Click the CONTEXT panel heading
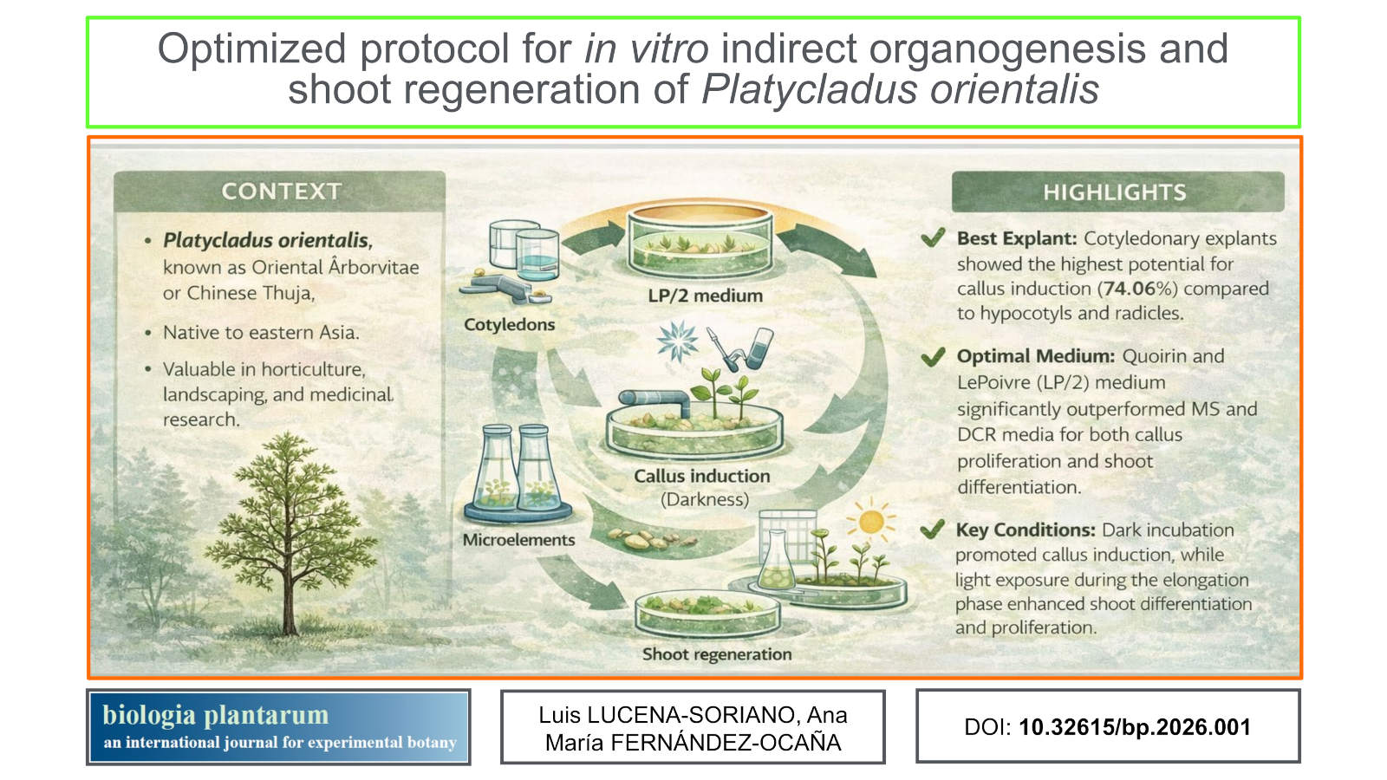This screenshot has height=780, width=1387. [x=281, y=192]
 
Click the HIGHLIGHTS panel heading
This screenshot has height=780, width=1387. [x=1115, y=192]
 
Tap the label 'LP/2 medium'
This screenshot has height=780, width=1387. [x=706, y=296]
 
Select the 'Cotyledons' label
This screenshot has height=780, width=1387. [x=509, y=324]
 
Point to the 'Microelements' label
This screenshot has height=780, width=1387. [x=519, y=540]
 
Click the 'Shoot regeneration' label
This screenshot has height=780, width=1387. [x=717, y=653]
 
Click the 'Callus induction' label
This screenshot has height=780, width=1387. [x=702, y=476]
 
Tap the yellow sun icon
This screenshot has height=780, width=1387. [x=871, y=521]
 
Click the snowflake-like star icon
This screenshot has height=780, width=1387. [x=677, y=341]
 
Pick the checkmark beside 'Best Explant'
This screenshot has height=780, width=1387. [x=933, y=237]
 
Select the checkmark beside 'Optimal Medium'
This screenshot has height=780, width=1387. [x=933, y=356]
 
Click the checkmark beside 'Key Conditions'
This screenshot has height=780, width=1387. [x=932, y=530]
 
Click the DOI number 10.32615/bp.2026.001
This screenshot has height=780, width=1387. [x=1135, y=727]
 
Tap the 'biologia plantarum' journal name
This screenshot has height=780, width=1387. [x=216, y=715]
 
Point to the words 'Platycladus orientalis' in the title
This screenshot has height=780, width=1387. [x=900, y=89]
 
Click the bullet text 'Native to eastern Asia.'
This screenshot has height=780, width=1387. [x=261, y=333]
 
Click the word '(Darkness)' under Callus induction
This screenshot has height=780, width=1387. [x=705, y=499]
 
